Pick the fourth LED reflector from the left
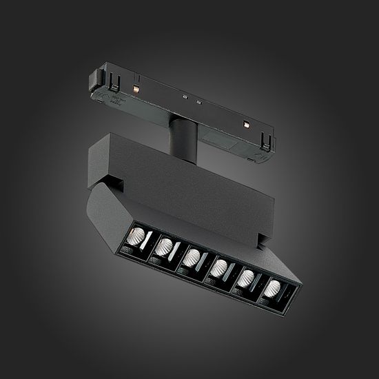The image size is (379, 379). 220,268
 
